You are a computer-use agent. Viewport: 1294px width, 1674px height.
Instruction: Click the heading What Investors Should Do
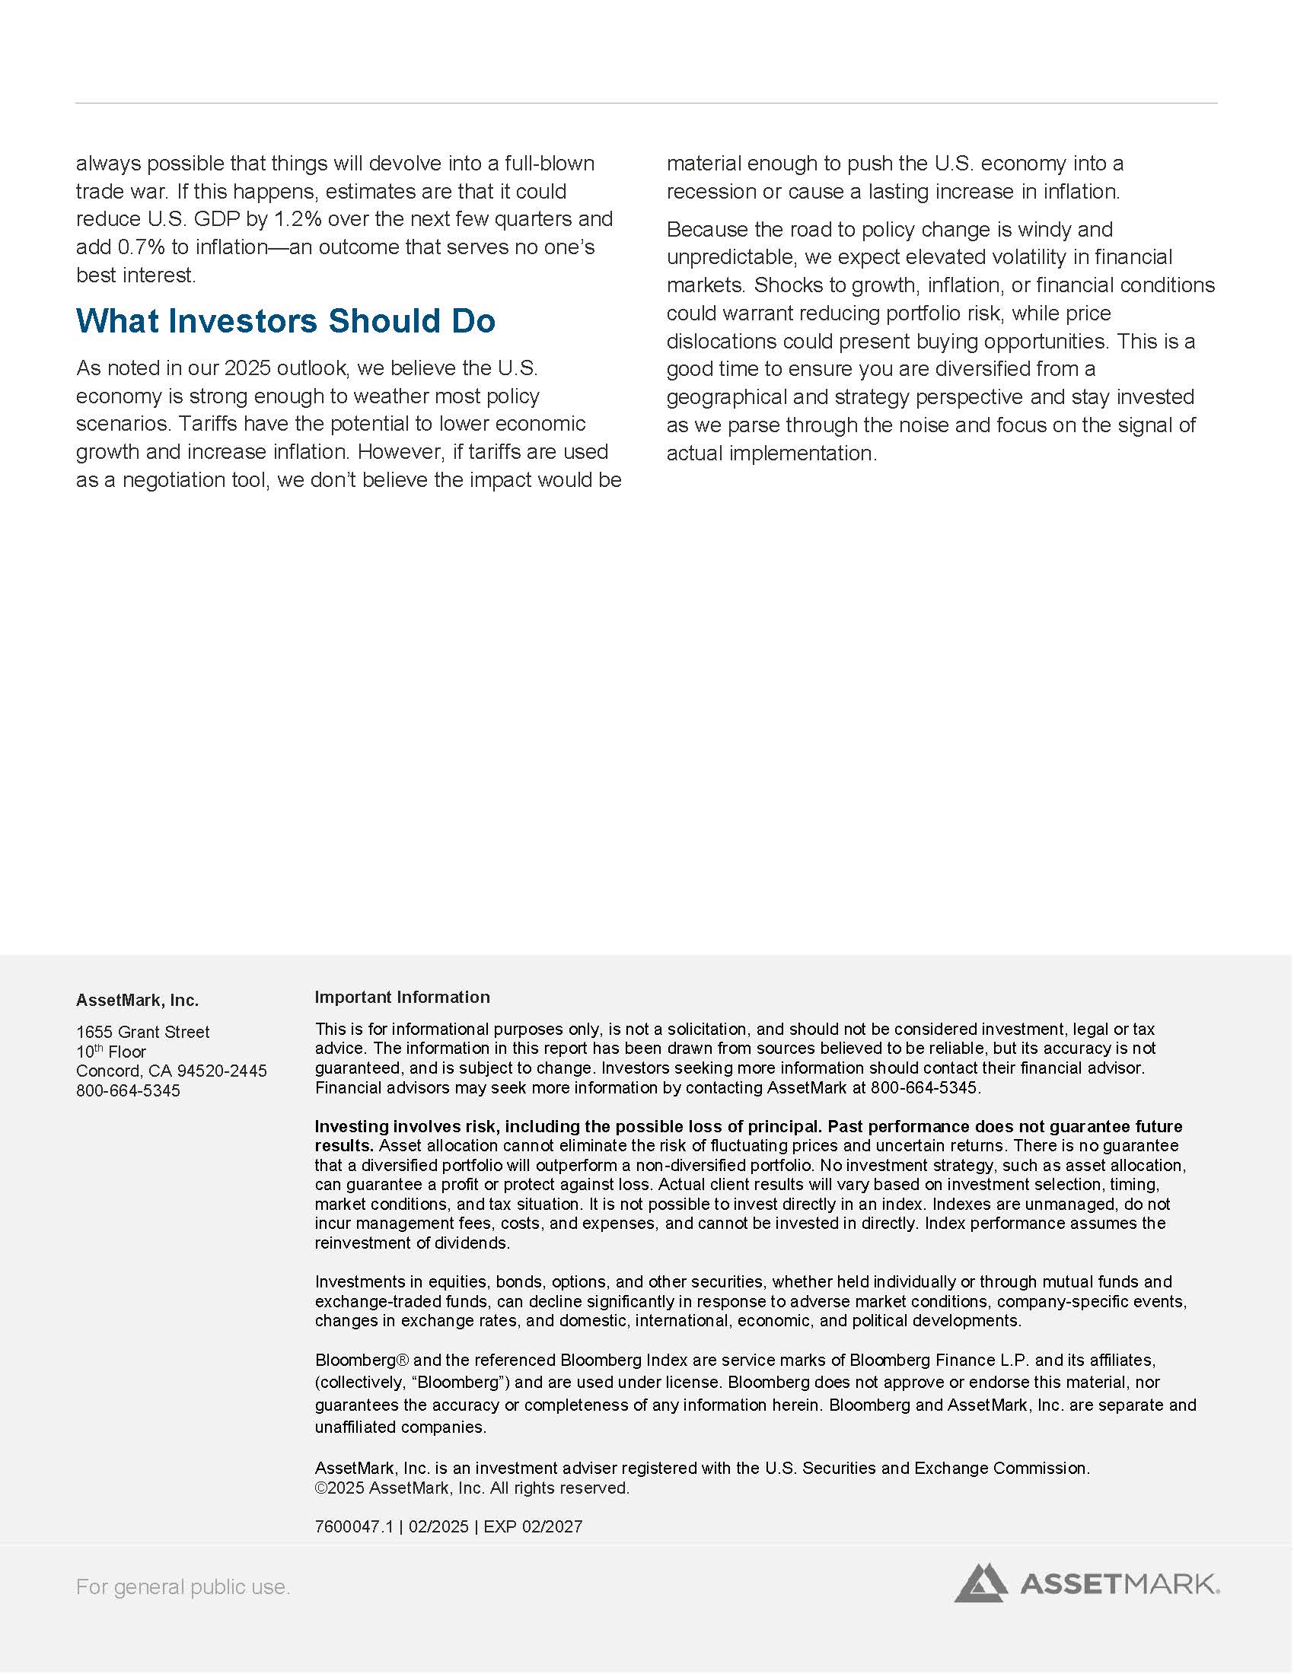point(285,321)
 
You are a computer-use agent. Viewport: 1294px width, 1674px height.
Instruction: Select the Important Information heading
point(402,998)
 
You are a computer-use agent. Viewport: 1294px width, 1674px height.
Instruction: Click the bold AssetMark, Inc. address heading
point(137,1001)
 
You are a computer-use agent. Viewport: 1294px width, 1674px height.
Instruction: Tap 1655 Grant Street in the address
point(142,1032)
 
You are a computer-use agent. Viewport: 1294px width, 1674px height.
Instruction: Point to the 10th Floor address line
point(110,1052)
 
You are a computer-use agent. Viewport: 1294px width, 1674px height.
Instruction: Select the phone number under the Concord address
point(128,1090)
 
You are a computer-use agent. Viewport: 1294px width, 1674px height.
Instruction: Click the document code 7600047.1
point(353,1526)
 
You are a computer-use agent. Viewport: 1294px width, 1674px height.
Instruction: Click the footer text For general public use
point(183,1586)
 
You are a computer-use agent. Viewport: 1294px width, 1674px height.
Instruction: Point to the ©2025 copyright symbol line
point(471,1488)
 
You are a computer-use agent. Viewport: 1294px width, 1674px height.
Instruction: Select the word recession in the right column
point(715,192)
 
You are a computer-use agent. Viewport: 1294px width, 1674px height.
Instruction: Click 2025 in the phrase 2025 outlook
point(247,369)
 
